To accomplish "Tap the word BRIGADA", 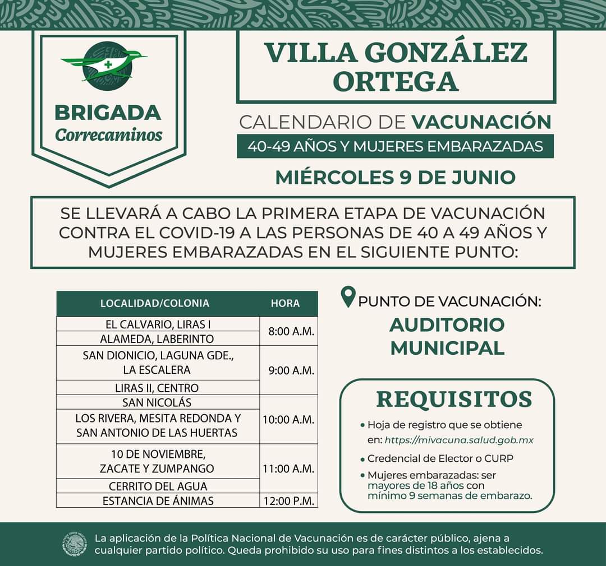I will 108,112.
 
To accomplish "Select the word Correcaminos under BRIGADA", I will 108,135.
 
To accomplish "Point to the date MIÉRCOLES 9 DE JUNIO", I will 395,177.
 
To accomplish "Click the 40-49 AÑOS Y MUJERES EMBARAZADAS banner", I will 395,146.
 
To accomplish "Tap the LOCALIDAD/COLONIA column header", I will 154,303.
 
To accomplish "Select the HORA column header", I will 285,303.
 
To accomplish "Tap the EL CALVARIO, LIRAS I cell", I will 158,324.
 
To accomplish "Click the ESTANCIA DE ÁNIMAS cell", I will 158,500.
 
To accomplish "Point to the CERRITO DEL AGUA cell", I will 158,486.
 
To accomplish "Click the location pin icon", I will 349,298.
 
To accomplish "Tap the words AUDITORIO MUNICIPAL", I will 447,336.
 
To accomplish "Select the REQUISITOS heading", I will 453,399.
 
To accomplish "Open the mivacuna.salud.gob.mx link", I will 459,440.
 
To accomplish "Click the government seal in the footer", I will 75,544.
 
